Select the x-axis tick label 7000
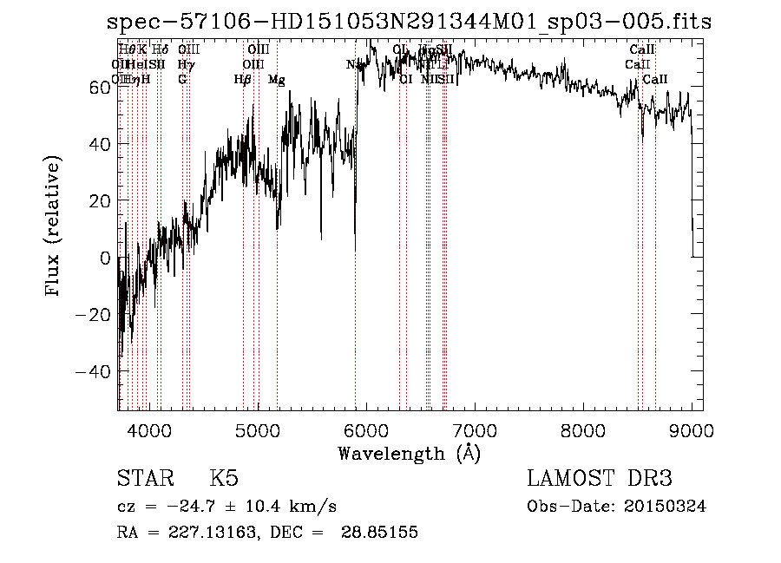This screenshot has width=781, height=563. (x=474, y=429)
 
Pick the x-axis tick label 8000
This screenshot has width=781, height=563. (x=582, y=429)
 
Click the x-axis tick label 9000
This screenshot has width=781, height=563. (x=691, y=429)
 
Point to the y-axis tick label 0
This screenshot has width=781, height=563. (x=105, y=258)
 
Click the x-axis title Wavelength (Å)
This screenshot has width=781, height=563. (x=409, y=453)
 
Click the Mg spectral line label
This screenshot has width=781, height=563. (x=276, y=80)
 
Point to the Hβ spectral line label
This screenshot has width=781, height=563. (x=242, y=80)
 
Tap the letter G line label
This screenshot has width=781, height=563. (x=182, y=80)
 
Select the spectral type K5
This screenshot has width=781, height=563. (x=223, y=479)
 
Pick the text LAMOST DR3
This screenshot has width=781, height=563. (x=600, y=479)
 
